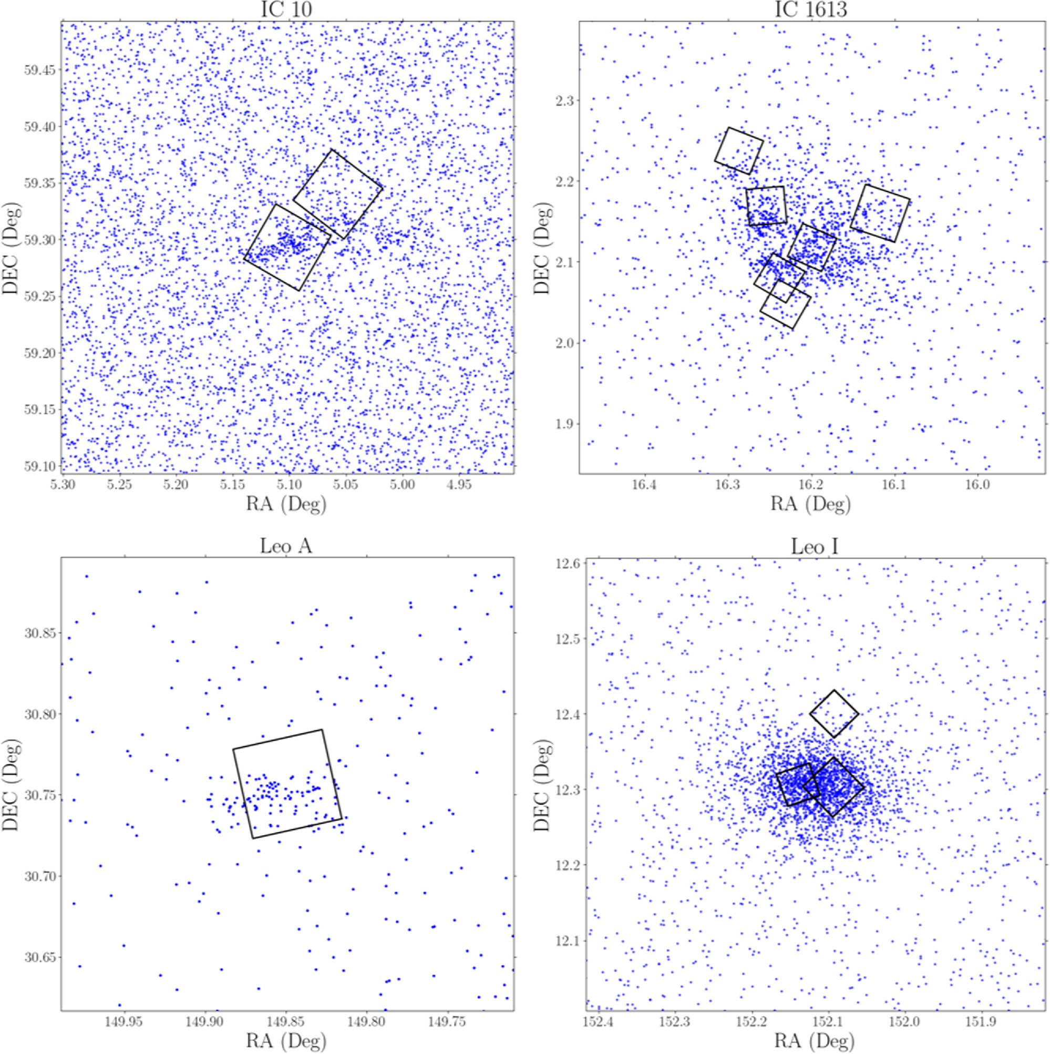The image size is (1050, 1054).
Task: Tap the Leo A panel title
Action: coord(286,546)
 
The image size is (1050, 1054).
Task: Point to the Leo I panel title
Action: coord(815,546)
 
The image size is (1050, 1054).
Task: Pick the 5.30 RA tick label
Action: coord(63,485)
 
